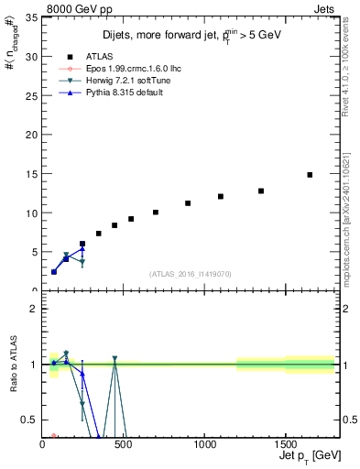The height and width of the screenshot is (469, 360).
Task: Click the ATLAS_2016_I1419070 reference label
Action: (190, 273)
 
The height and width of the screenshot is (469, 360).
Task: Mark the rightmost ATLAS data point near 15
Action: (310, 175)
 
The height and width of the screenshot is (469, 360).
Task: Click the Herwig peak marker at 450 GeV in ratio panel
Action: (115, 358)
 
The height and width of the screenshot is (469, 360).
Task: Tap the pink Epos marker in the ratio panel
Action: (54, 436)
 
